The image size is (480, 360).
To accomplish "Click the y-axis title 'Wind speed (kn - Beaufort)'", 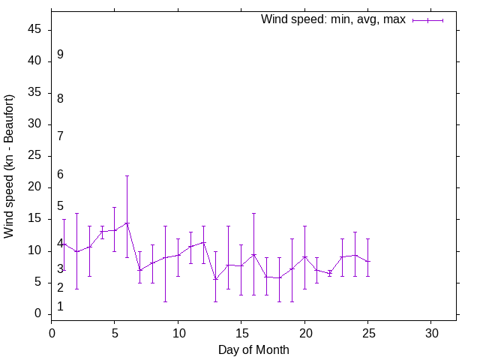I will [10, 166].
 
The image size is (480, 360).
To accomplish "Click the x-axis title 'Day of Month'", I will [253, 349].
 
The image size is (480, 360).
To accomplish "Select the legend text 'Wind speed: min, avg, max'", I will [333, 19].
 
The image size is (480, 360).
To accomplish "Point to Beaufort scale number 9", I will [60, 55].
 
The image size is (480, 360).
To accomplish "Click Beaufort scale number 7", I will [60, 136].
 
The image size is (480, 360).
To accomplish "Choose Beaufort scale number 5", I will [60, 206].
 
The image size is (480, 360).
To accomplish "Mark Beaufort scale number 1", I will [60, 307].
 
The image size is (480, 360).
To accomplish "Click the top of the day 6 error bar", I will [127, 175].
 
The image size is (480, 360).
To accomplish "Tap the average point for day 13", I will [216, 279].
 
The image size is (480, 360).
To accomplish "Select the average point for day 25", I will [367, 262].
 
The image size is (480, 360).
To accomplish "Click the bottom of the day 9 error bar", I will [165, 301].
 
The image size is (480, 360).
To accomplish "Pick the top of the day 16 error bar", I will [253, 213].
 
